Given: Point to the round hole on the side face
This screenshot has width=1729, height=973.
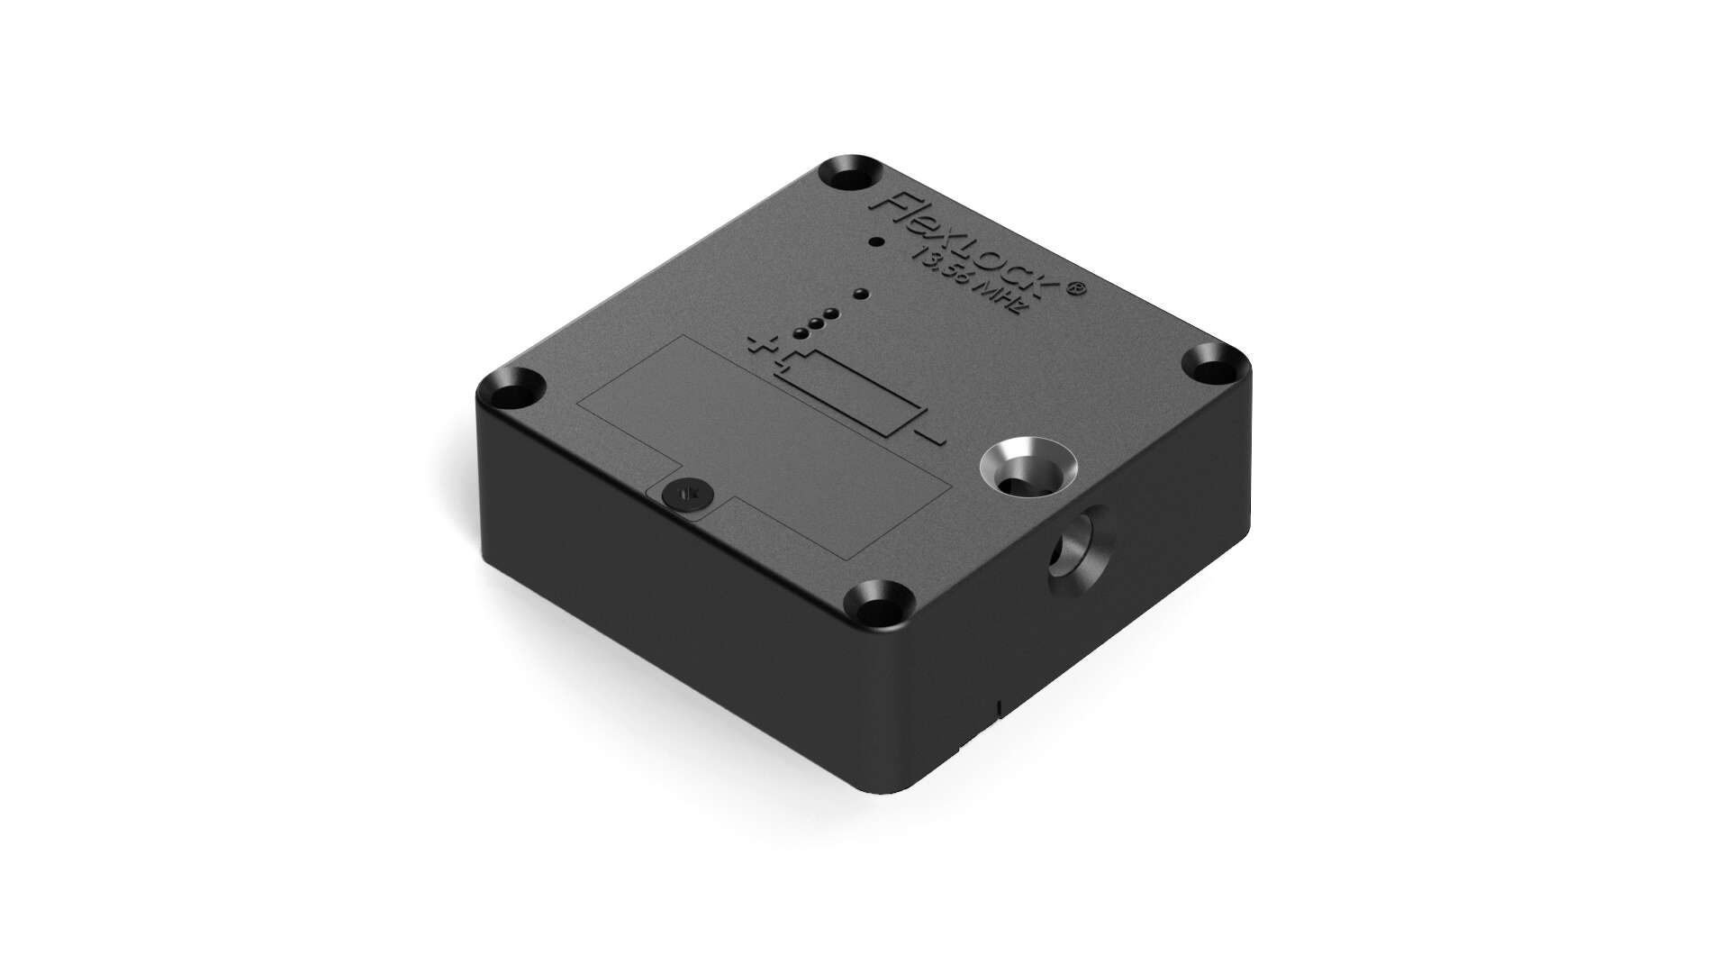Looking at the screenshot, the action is click(x=1076, y=548).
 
